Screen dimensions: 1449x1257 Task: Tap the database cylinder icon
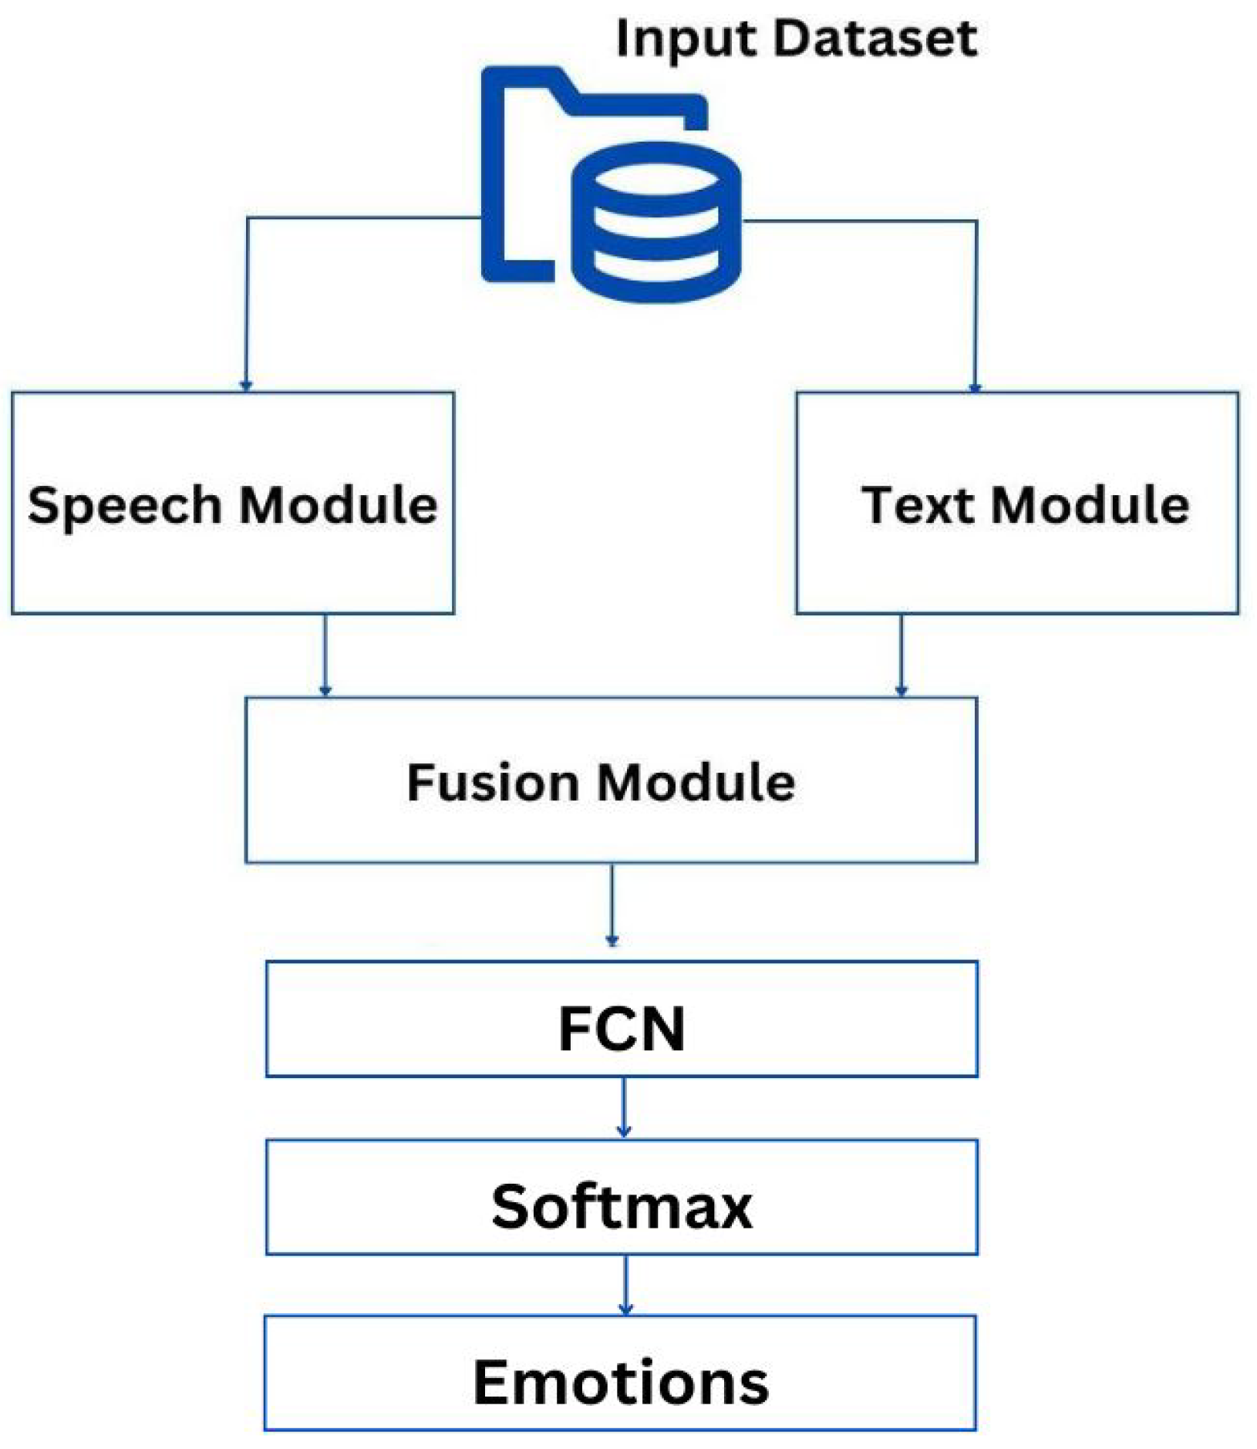point(655,224)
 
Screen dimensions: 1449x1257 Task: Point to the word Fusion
point(494,783)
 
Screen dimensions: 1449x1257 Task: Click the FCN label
point(621,1029)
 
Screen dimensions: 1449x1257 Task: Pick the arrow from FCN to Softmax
point(624,1107)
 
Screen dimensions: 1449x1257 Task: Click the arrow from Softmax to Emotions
point(625,1284)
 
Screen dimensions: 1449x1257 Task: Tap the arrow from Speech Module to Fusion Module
point(325,655)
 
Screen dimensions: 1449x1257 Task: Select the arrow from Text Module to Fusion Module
point(901,655)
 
